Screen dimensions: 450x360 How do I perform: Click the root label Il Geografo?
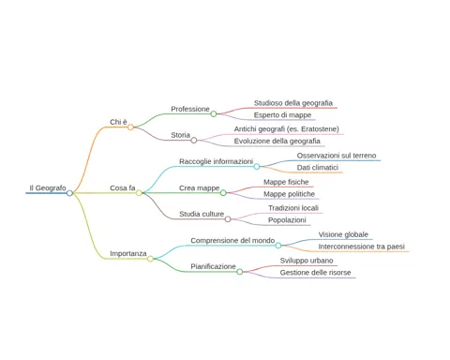pyautogui.click(x=48, y=187)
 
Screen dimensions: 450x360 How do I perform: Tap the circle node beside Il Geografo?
pyautogui.click(x=69, y=193)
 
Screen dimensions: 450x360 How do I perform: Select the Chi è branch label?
pyautogui.click(x=118, y=122)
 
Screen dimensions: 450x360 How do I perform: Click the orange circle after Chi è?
pyautogui.click(x=130, y=127)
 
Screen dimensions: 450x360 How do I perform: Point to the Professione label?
pyautogui.click(x=190, y=109)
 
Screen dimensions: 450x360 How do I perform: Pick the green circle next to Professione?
pyautogui.click(x=214, y=114)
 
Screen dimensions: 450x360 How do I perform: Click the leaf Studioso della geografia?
pyautogui.click(x=293, y=103)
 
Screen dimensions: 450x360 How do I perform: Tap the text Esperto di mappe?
pyautogui.click(x=282, y=115)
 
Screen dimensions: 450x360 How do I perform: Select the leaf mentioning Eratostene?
pyautogui.click(x=287, y=128)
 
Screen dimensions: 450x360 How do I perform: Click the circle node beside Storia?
pyautogui.click(x=194, y=140)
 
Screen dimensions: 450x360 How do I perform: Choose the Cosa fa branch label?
pyautogui.click(x=123, y=187)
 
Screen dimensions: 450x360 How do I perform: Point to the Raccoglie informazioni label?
pyautogui.click(x=216, y=161)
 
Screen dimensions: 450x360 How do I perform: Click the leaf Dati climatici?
pyautogui.click(x=318, y=168)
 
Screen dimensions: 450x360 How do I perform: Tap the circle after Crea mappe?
pyautogui.click(x=223, y=193)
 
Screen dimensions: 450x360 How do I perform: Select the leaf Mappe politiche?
pyautogui.click(x=289, y=194)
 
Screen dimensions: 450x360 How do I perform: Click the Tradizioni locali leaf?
pyautogui.click(x=293, y=208)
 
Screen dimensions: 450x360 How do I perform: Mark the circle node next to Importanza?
pyautogui.click(x=150, y=259)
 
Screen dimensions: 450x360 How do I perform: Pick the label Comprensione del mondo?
pyautogui.click(x=232, y=240)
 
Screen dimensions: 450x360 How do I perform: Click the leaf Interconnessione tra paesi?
pyautogui.click(x=362, y=247)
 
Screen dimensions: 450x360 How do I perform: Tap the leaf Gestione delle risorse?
pyautogui.click(x=315, y=273)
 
